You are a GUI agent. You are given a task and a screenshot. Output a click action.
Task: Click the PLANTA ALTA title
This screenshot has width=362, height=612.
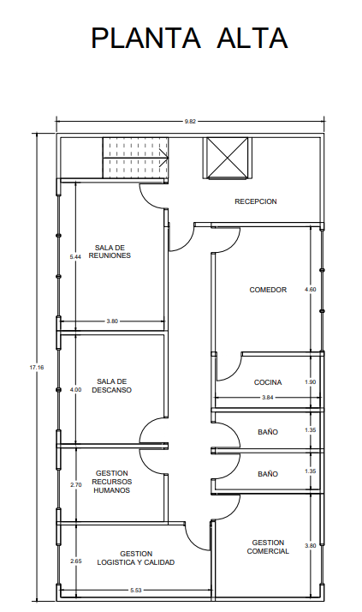189,38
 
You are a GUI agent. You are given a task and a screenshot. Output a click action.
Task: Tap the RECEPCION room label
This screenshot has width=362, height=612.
256,201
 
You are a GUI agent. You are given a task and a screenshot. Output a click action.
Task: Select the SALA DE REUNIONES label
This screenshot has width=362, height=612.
110,252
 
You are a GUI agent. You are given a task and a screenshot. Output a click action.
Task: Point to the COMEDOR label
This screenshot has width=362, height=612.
268,290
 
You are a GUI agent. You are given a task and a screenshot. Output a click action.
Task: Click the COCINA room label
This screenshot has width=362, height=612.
268,382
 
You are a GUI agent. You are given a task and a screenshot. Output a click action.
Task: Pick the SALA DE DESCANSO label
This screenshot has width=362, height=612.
112,386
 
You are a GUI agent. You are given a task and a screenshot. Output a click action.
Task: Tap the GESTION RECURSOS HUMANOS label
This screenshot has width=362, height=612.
112,482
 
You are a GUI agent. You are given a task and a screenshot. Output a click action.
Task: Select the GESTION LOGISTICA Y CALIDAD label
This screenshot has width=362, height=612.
136,558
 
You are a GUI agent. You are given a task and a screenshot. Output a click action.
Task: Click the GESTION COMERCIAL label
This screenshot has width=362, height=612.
268,547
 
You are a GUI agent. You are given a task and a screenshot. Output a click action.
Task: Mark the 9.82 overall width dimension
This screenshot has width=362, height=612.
190,122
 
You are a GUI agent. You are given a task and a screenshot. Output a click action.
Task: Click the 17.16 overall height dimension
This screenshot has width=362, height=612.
37,367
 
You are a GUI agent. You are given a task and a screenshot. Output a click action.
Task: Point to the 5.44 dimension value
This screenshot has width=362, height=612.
75,257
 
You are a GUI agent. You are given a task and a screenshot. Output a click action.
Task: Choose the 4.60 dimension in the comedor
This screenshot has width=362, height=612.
310,290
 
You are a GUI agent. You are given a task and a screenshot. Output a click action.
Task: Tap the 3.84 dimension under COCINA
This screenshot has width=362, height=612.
268,398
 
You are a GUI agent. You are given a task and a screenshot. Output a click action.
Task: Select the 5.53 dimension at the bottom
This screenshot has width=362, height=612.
135,591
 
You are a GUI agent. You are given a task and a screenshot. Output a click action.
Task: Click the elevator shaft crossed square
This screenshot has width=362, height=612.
227,158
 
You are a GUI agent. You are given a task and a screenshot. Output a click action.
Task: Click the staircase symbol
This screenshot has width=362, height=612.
135,158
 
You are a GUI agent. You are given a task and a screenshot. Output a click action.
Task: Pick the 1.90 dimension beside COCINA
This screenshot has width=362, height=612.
310,382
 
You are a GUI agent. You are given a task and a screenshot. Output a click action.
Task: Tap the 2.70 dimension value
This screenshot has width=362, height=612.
76,485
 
